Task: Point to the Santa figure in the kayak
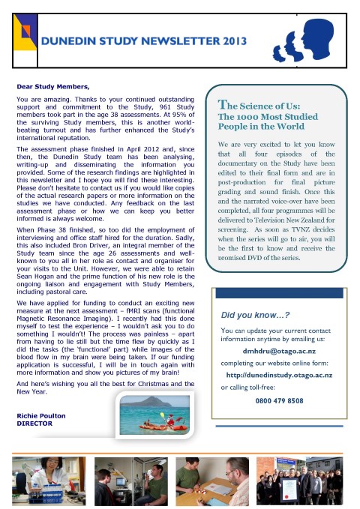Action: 171,420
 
